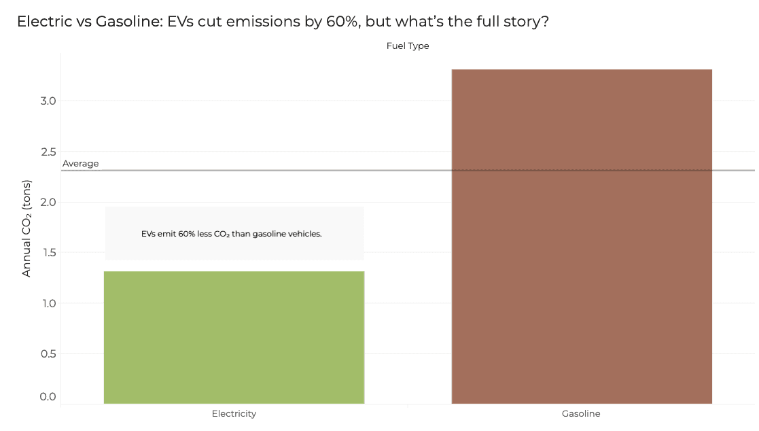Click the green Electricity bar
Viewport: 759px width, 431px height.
pos(234,337)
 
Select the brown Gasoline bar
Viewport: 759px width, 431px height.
pos(582,237)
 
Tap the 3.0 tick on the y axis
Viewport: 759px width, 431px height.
pos(48,101)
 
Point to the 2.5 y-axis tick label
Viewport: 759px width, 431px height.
pos(48,152)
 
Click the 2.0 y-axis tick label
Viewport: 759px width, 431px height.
pos(48,202)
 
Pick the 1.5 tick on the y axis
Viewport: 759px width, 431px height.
pos(48,252)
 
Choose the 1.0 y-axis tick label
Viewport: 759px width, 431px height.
pos(48,303)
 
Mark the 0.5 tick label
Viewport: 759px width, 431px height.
pos(48,354)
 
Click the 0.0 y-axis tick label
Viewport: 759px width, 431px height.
pos(48,396)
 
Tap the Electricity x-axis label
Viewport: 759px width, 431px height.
pos(234,413)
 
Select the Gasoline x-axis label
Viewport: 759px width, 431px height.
pos(581,413)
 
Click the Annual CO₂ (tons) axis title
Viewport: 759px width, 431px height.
pos(26,228)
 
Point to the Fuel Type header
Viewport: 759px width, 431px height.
pos(408,46)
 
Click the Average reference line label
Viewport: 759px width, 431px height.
pos(80,164)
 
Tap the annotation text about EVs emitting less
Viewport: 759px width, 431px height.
pos(232,234)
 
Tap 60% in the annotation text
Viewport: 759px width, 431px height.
pos(186,234)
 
